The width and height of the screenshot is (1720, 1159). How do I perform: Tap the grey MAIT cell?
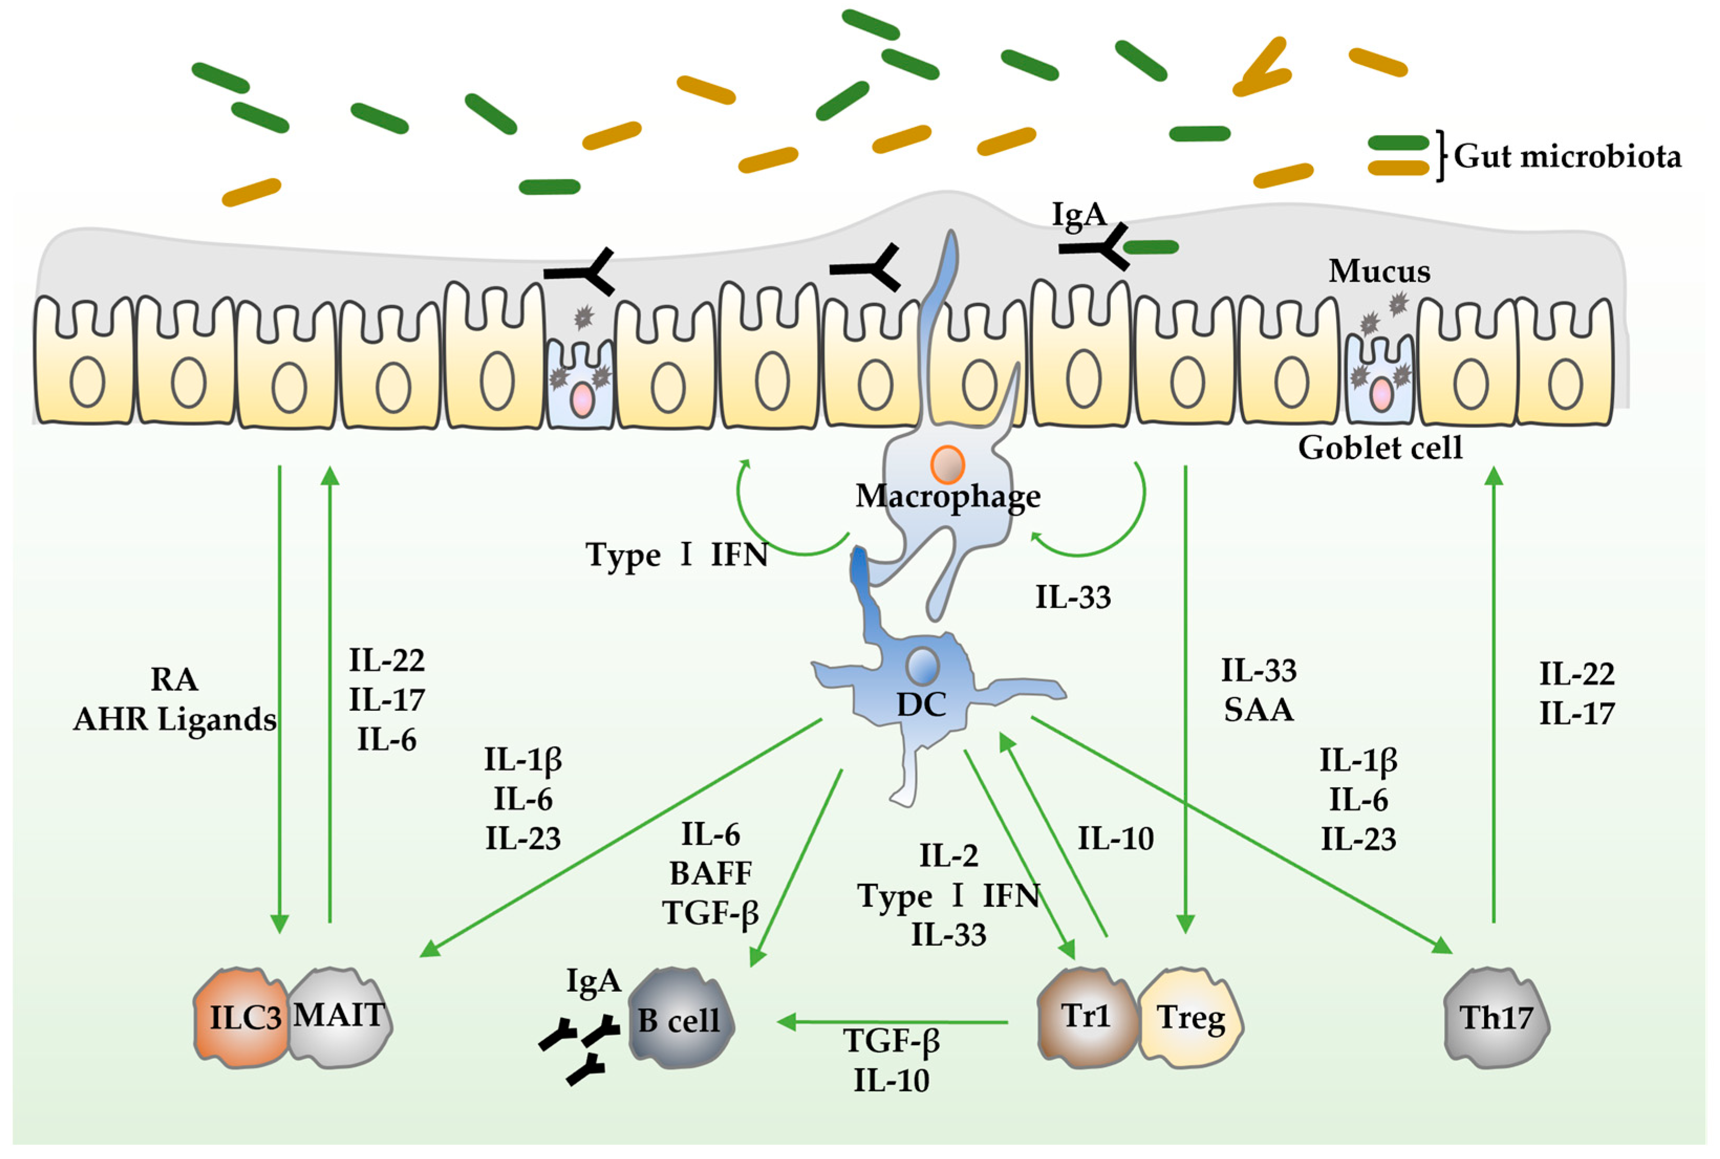[340, 1016]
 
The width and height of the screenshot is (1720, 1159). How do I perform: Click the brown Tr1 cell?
[1085, 1016]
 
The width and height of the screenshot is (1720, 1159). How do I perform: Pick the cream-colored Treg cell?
[1190, 1018]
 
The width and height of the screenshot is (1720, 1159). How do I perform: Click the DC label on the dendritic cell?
[921, 705]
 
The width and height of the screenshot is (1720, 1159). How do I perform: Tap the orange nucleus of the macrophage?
[948, 465]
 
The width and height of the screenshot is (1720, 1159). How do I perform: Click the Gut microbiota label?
[1567, 156]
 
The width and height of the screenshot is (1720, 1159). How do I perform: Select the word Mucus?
[1379, 271]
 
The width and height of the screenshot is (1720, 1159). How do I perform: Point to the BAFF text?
[710, 874]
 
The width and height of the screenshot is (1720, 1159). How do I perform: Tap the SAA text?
[1258, 710]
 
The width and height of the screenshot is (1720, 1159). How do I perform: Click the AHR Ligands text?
[175, 719]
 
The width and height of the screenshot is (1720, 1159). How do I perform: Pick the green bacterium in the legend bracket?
[1398, 143]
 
